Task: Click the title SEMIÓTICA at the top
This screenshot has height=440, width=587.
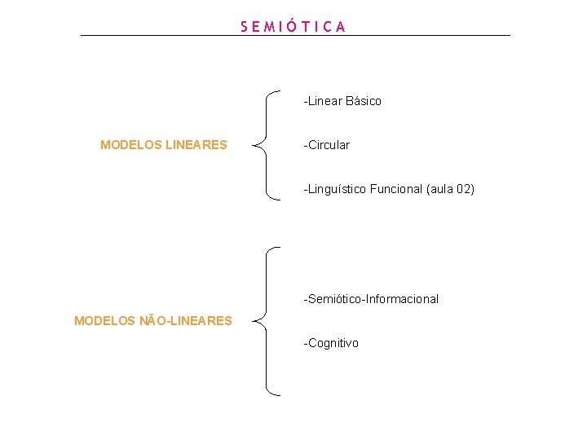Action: tap(293, 26)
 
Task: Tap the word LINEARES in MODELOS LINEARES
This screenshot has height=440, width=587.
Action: tap(196, 145)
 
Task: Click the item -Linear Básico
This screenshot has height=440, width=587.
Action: tap(342, 101)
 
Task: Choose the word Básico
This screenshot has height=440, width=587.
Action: tap(363, 101)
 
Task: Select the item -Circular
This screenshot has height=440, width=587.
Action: tap(327, 145)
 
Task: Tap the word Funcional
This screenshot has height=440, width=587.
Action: tap(396, 189)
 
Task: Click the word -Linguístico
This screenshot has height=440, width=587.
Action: tap(335, 189)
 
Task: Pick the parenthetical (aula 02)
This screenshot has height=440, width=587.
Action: tap(450, 189)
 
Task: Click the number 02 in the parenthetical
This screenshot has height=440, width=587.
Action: tap(462, 189)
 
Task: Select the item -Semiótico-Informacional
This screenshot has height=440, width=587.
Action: tap(371, 299)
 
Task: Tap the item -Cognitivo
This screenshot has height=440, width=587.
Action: tap(331, 343)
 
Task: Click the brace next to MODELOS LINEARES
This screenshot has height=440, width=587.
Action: tap(266, 144)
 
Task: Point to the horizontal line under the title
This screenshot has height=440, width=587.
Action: tap(295, 35)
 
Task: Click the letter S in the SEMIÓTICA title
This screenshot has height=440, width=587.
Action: tap(245, 26)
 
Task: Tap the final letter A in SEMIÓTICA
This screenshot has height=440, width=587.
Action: tap(341, 26)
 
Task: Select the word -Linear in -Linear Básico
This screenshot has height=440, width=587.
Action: tap(323, 101)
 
